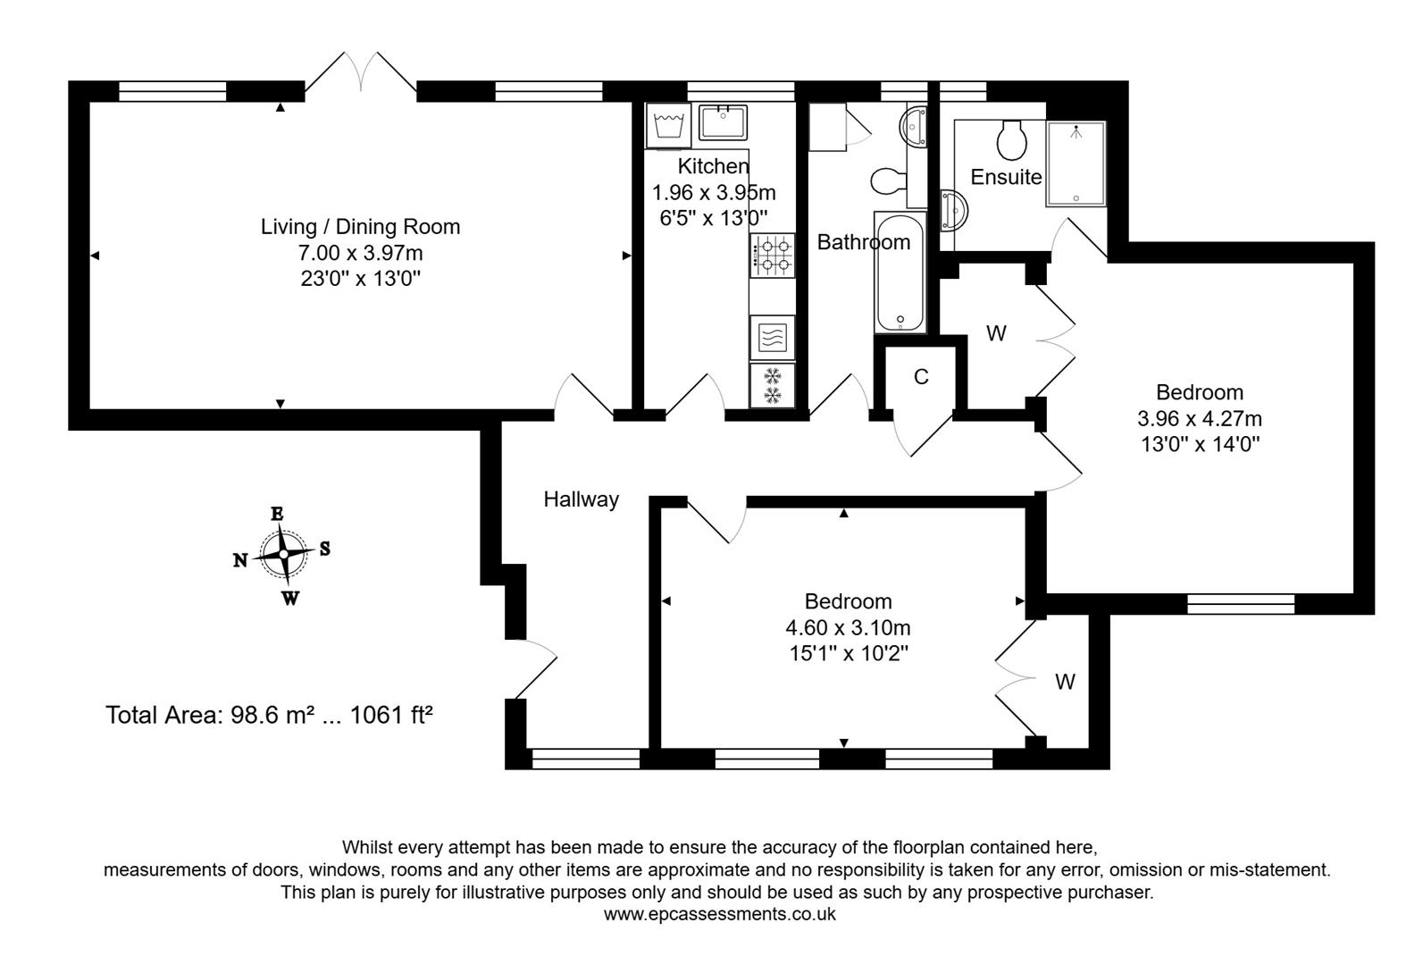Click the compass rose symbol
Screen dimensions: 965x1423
[x=283, y=555]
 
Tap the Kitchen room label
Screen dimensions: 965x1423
[x=713, y=166]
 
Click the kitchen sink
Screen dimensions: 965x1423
[x=724, y=123]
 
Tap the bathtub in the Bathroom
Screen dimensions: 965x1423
[x=902, y=273]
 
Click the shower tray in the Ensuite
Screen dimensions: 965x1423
[x=1076, y=164]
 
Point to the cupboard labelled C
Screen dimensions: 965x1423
[x=921, y=377]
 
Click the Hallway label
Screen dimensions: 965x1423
[x=582, y=499]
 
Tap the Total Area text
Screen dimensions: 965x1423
[x=269, y=715]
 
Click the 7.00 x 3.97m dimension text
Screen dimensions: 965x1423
[x=360, y=253]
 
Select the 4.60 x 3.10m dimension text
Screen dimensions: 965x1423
[x=848, y=628]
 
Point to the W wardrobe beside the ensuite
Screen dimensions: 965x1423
[x=995, y=334]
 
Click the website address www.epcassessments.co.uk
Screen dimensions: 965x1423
[x=719, y=914]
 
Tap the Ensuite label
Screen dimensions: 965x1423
[x=1006, y=177]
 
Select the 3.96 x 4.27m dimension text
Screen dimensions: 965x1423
[x=1199, y=418]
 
